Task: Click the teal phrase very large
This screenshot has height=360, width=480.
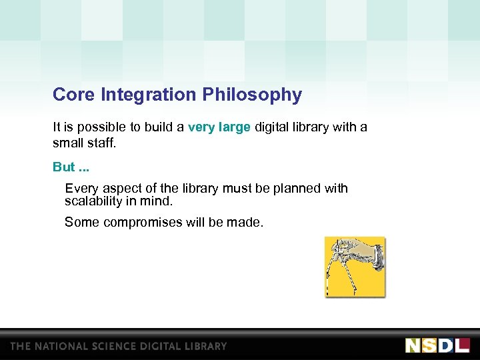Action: point(219,127)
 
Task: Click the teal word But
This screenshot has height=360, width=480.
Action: point(64,167)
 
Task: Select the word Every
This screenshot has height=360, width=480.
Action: point(81,189)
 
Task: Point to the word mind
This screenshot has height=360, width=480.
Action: point(157,201)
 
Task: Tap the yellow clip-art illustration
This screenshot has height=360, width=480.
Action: point(355,267)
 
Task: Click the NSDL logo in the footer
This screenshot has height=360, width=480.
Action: point(437,345)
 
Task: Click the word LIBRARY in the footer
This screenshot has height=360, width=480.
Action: point(205,346)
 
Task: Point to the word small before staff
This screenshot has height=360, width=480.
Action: point(67,143)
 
